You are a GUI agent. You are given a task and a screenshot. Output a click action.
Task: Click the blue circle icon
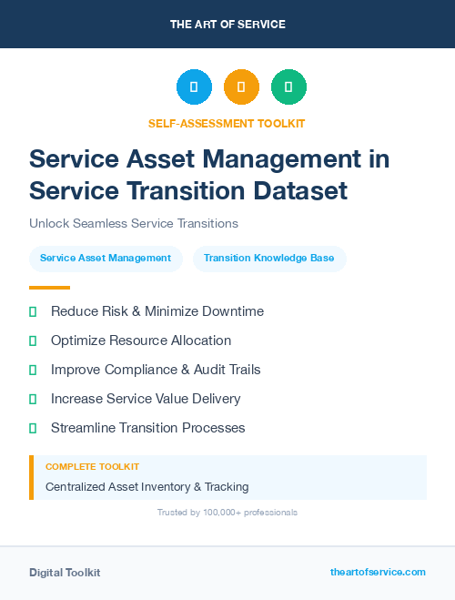click(194, 87)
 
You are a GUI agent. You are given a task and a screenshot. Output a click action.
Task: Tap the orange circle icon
click(241, 87)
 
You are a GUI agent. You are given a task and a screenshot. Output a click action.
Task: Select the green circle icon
click(288, 87)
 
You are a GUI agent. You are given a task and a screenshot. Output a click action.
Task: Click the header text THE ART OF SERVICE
click(227, 25)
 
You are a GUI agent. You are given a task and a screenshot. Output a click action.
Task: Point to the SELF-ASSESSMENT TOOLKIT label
click(227, 123)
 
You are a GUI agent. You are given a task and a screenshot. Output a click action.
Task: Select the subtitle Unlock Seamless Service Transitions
click(133, 223)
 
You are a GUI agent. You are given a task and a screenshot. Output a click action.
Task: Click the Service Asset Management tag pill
click(106, 259)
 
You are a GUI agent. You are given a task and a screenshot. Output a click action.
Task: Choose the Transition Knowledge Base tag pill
click(268, 259)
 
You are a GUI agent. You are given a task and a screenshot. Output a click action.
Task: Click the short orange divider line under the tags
click(49, 287)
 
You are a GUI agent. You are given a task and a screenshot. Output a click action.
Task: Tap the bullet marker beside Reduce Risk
click(33, 311)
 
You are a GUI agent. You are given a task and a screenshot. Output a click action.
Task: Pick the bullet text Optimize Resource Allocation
click(141, 341)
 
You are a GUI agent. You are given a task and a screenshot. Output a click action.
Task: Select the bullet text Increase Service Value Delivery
click(146, 399)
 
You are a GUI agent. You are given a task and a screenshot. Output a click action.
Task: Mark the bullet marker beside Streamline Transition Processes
click(33, 428)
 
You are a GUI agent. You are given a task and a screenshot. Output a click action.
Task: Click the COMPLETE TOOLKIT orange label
click(92, 466)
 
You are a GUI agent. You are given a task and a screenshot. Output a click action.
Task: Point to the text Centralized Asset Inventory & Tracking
click(147, 487)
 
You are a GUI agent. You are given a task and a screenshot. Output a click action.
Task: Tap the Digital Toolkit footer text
click(65, 573)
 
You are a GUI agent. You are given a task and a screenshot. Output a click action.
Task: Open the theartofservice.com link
click(378, 572)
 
